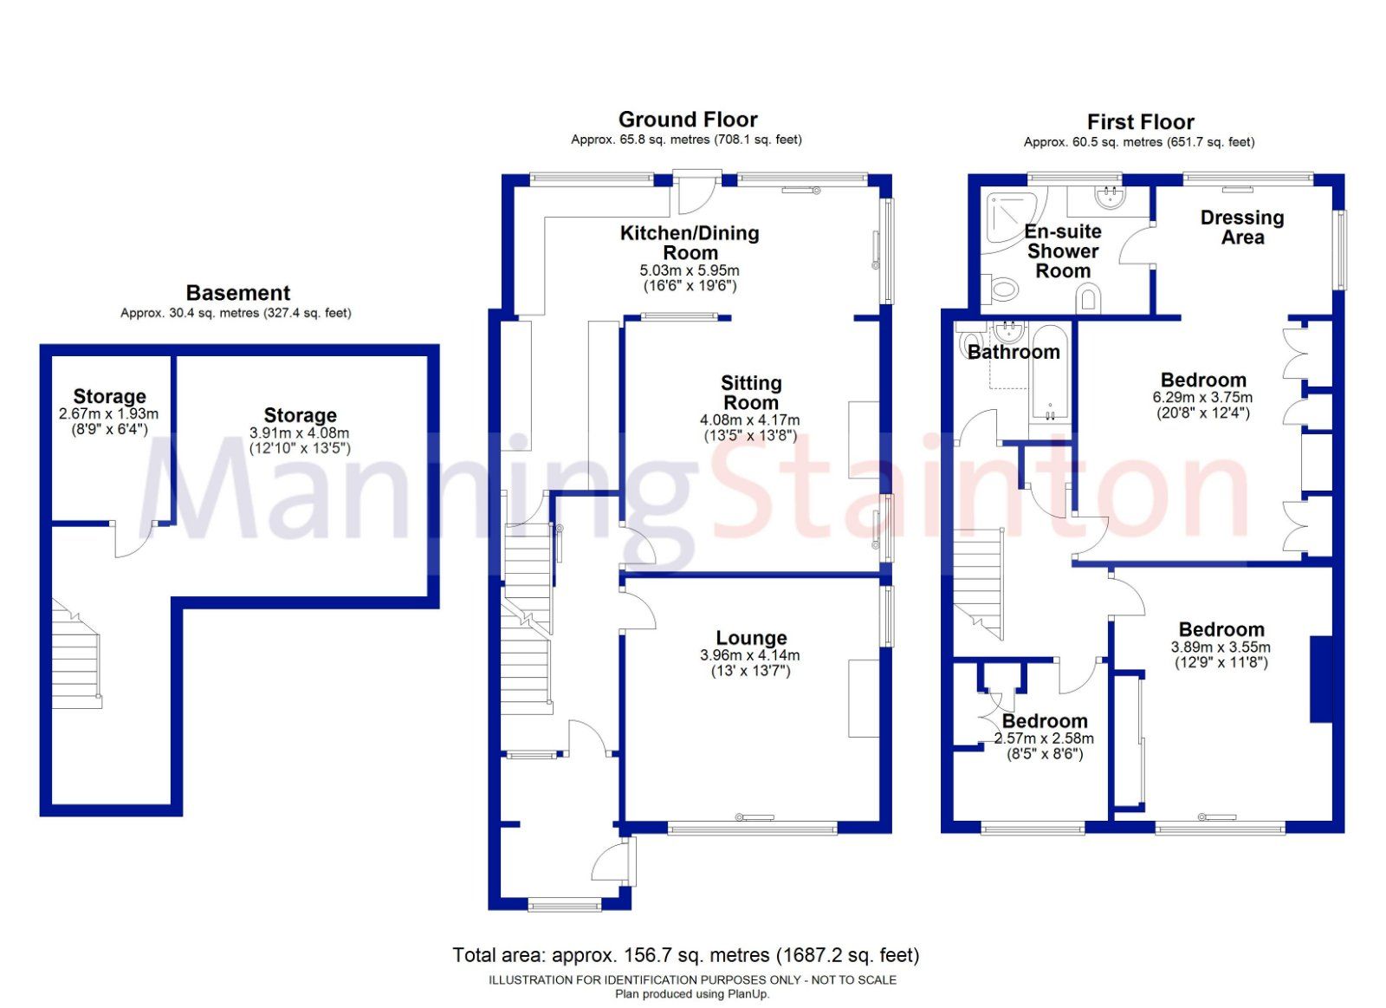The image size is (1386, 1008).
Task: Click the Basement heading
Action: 238,293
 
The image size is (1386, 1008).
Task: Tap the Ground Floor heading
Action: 688,120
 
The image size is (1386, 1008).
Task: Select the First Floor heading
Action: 1140,122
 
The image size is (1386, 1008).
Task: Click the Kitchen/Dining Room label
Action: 690,243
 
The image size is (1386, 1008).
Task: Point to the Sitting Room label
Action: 751,393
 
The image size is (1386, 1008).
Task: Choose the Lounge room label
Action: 751,638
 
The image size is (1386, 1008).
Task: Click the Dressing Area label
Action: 1242,227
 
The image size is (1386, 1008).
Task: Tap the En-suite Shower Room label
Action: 1063,251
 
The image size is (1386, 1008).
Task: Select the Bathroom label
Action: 1014,352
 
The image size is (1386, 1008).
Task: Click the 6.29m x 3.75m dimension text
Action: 1202,397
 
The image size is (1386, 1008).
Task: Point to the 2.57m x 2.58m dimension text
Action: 1044,738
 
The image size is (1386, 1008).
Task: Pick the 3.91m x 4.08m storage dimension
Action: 300,432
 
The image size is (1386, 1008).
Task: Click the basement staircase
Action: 76,659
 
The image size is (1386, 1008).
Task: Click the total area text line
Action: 685,955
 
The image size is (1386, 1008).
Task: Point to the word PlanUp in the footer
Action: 748,994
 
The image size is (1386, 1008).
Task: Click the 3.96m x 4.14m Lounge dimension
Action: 749,655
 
